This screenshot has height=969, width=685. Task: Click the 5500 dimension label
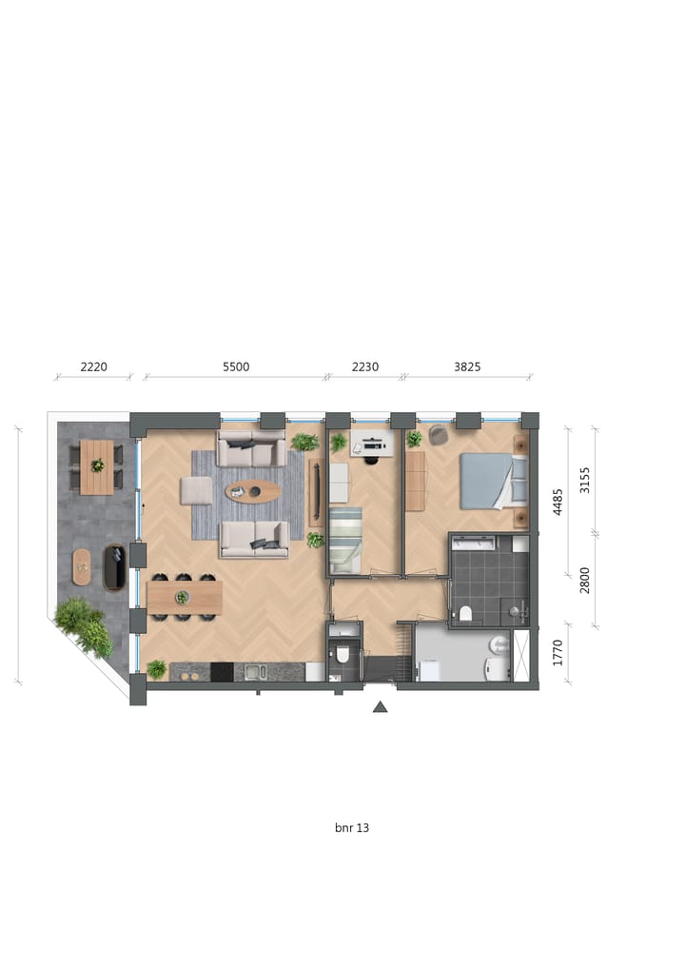point(235,366)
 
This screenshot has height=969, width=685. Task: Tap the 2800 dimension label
point(585,580)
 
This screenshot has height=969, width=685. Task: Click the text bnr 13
point(352,828)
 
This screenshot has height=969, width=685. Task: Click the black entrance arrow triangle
point(381,706)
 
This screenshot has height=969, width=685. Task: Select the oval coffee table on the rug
point(253,491)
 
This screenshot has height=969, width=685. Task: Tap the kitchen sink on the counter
point(254,672)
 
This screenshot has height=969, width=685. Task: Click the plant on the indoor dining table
point(182,598)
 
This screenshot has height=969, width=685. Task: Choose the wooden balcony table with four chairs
point(96,466)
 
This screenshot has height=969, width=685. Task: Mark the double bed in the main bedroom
point(493,481)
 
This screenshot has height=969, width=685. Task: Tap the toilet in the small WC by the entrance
point(342,655)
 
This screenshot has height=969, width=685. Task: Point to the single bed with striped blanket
point(345,539)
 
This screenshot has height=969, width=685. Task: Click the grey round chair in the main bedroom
point(439,435)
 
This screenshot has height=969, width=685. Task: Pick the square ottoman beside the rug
point(196,490)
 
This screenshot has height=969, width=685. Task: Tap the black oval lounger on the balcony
point(114,567)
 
